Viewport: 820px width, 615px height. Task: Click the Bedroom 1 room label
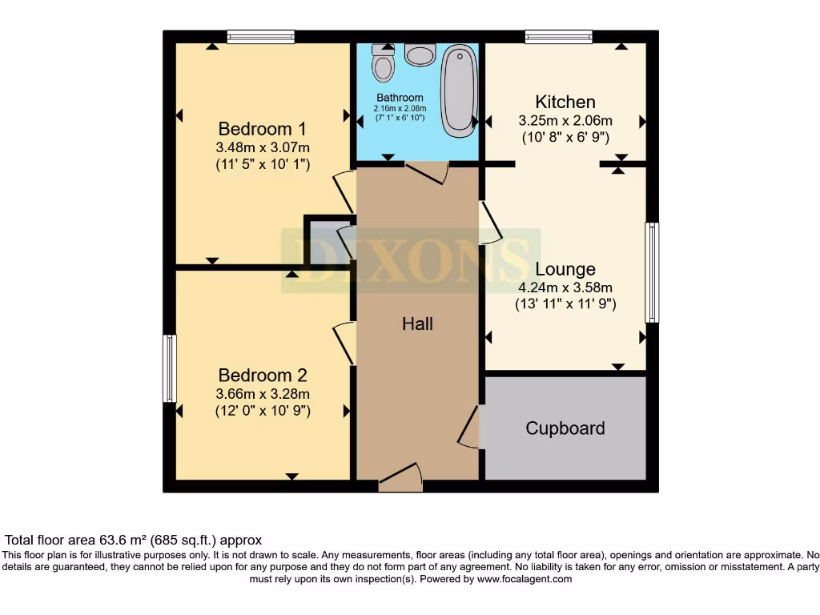[x=262, y=129]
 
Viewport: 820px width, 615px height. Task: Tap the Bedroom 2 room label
[x=262, y=376]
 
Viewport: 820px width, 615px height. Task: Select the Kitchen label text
[x=565, y=102]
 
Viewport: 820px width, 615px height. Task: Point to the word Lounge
[x=565, y=270]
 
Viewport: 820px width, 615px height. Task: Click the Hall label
[x=417, y=324]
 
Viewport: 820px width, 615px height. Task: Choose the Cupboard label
[x=565, y=428]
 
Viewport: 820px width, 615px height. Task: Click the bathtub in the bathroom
[x=459, y=89]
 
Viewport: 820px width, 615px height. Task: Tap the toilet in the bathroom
[x=384, y=63]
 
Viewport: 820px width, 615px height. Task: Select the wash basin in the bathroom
[x=420, y=54]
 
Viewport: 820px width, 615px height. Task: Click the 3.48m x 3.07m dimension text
[x=262, y=147]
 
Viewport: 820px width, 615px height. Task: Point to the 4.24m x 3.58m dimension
[x=565, y=287]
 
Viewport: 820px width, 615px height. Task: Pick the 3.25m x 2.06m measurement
[x=565, y=121]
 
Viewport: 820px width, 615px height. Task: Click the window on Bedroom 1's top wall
[x=260, y=37]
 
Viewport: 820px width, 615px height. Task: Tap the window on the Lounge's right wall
[x=652, y=272]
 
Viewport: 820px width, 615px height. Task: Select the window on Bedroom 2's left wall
[x=169, y=368]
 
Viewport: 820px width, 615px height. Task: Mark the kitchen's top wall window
[x=558, y=37]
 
